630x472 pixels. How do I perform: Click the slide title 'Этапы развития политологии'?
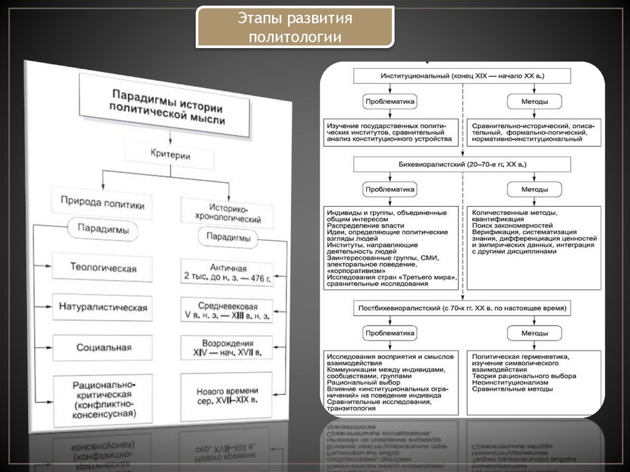point(295,28)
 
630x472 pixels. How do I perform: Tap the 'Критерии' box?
point(169,155)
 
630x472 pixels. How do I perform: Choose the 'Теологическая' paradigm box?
point(102,268)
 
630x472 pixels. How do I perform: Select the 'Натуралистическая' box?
point(103,306)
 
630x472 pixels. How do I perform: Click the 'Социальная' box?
point(103,347)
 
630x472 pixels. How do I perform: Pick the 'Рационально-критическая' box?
point(103,400)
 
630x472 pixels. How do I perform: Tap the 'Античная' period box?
point(226,273)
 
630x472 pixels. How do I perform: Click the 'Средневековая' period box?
point(226,310)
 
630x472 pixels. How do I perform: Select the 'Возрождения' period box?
point(226,348)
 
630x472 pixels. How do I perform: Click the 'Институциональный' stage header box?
point(462,75)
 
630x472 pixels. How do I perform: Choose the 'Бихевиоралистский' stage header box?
point(462,164)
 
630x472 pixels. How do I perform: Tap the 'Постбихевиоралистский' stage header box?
point(462,306)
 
